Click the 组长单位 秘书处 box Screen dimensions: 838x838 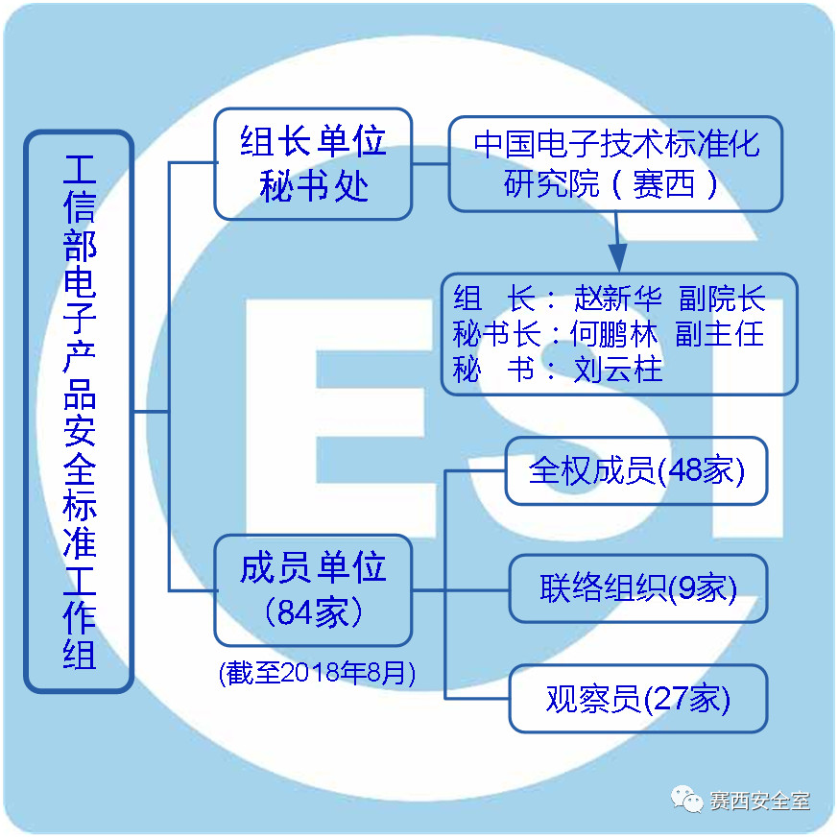click(313, 164)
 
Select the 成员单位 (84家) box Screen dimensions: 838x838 click(313, 590)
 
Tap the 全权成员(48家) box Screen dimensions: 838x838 click(636, 470)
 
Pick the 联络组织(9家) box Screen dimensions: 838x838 click(637, 588)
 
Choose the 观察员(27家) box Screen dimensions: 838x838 click(637, 699)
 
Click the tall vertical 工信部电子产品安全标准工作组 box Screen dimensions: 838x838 click(79, 411)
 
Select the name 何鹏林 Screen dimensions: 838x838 click(614, 334)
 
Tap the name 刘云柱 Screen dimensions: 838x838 click(618, 370)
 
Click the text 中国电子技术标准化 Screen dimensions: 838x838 click(616, 144)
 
